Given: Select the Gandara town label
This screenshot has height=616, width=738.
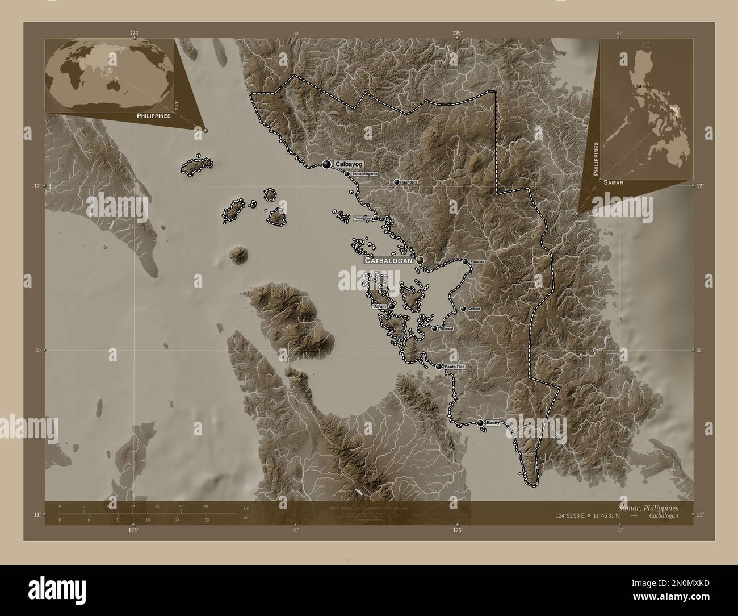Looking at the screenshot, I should [410, 182].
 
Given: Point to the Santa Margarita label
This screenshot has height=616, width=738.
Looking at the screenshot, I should [364, 174].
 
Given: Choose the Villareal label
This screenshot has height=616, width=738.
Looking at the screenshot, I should [447, 329].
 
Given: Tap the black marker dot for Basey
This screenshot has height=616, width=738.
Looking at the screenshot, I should [480, 423].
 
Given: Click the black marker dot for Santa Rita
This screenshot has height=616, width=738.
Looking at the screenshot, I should [438, 367].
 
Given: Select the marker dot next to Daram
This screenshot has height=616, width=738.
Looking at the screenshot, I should [391, 306].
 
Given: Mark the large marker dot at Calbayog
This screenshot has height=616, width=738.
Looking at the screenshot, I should [326, 164].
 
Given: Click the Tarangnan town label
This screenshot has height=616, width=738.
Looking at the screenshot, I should [362, 218].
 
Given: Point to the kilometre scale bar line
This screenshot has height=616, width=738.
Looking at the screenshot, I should [148, 513].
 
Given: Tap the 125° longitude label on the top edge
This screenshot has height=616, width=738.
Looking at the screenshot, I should [457, 33].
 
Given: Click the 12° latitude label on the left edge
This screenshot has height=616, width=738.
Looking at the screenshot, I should [37, 186].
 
